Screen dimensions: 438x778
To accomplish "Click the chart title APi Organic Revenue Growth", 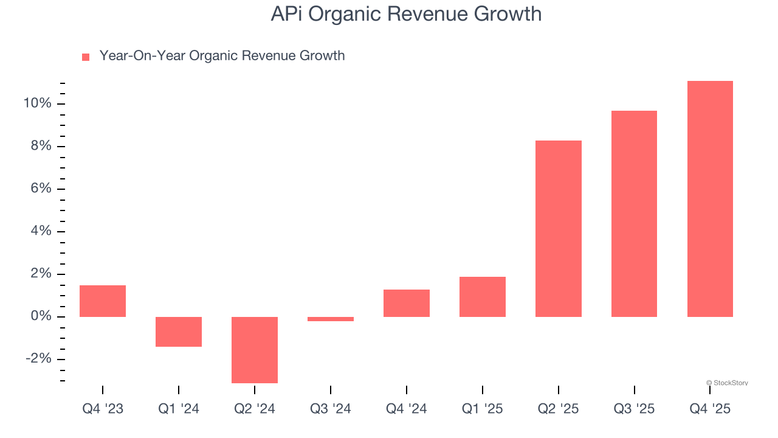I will point(406,13).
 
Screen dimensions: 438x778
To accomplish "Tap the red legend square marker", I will point(86,57).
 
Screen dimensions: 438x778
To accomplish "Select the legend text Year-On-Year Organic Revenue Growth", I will point(222,56).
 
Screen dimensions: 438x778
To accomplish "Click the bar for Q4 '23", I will point(103,301).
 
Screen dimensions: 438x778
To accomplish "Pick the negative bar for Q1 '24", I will point(179,332).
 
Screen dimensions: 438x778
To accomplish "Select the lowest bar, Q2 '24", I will point(255,350).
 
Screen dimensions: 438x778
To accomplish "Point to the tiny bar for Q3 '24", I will point(331,319).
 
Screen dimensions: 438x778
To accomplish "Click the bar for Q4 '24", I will point(407,303).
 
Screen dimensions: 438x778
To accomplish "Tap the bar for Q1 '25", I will point(483,297).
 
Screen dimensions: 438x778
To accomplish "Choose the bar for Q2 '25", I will point(559,229).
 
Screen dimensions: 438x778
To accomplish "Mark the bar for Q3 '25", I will point(634,214).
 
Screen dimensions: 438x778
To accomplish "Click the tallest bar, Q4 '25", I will point(710,199).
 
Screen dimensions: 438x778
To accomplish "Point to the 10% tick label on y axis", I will point(37,103).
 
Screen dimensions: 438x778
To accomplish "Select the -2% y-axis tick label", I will point(38,359).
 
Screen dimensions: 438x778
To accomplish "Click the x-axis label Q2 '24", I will point(255,409).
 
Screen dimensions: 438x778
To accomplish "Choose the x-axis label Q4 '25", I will point(710,409).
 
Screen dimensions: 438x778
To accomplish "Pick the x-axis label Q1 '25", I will point(483,409).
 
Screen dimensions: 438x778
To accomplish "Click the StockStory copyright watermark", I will point(727,383).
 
